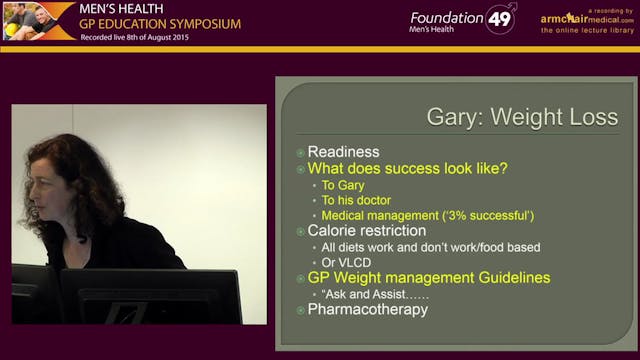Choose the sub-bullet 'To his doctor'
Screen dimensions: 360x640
(358, 200)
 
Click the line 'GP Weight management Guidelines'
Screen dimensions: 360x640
(428, 277)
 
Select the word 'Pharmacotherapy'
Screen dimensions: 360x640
(367, 310)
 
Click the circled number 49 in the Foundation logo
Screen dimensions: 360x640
(501, 19)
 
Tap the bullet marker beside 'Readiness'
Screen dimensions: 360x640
(300, 152)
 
